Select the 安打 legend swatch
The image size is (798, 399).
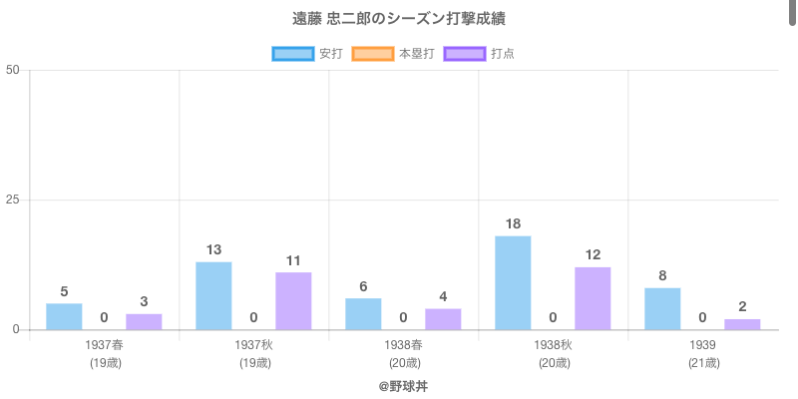pyautogui.click(x=293, y=53)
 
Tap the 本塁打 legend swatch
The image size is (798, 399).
pyautogui.click(x=373, y=53)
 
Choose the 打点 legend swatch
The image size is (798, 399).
pyautogui.click(x=465, y=53)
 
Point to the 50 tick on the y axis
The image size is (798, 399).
pyautogui.click(x=13, y=70)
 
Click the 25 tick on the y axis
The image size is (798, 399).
pyautogui.click(x=13, y=199)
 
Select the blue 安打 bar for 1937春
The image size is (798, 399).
pyautogui.click(x=64, y=316)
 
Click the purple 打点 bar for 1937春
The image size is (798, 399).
pyautogui.click(x=144, y=321)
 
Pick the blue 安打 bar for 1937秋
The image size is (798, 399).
pyautogui.click(x=213, y=295)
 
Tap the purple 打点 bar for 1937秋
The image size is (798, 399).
pyautogui.click(x=293, y=300)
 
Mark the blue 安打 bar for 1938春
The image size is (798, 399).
pyautogui.click(x=363, y=313)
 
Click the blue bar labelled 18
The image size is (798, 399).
pyautogui.click(x=513, y=282)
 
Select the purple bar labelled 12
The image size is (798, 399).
pyautogui.click(x=593, y=298)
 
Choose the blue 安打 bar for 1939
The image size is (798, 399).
pyautogui.click(x=662, y=308)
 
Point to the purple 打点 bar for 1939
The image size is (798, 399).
pyautogui.click(x=742, y=324)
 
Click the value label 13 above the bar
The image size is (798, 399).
pyautogui.click(x=213, y=249)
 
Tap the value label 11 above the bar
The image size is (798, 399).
pyautogui.click(x=293, y=260)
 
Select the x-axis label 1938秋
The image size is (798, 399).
pyautogui.click(x=553, y=345)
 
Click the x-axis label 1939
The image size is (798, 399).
pyautogui.click(x=703, y=345)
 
